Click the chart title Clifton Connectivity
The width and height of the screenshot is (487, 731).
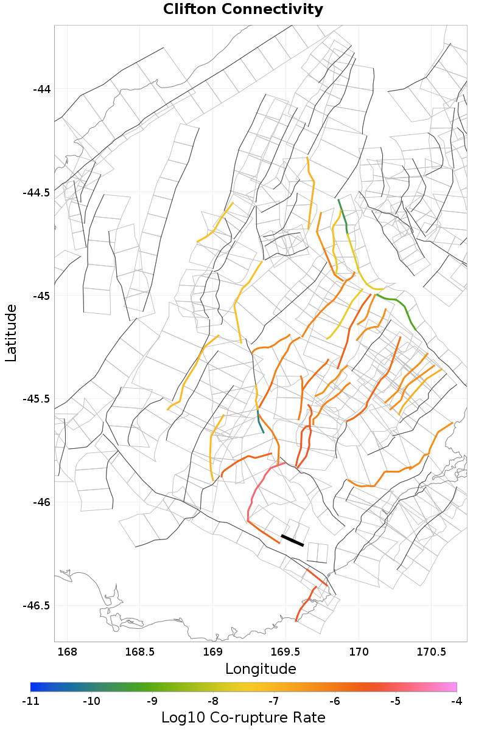pyautogui.click(x=243, y=10)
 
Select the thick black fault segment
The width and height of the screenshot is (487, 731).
pyautogui.click(x=292, y=540)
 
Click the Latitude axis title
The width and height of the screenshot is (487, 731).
pyautogui.click(x=11, y=333)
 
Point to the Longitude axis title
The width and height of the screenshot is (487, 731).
pyautogui.click(x=261, y=669)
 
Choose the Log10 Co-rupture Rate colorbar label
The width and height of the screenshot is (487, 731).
pyautogui.click(x=243, y=718)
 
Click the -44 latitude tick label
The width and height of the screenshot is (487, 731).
pyautogui.click(x=41, y=89)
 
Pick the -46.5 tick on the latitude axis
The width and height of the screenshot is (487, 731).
pyautogui.click(x=37, y=606)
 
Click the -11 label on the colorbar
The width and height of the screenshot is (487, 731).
pyautogui.click(x=30, y=701)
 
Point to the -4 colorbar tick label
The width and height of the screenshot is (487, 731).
pyautogui.click(x=457, y=701)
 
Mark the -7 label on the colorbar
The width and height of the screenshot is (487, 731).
pyautogui.click(x=274, y=701)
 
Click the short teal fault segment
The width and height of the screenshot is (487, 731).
pyautogui.click(x=260, y=423)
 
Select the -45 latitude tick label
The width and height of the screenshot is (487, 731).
pyautogui.click(x=41, y=296)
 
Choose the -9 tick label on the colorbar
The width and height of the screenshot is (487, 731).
pyautogui.click(x=152, y=701)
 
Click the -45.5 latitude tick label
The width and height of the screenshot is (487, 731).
pyautogui.click(x=37, y=399)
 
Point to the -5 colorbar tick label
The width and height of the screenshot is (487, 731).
pyautogui.click(x=396, y=701)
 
